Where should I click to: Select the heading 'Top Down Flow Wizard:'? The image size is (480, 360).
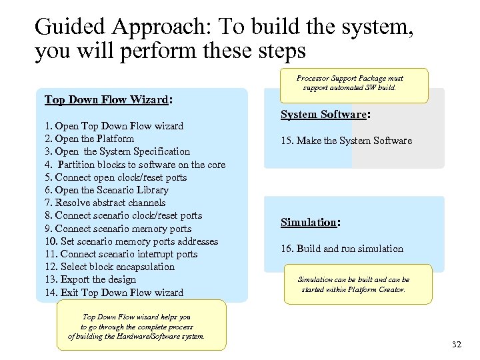point(109,100)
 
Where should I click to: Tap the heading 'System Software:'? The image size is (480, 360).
point(325,115)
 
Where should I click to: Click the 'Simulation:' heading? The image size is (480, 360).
point(311,223)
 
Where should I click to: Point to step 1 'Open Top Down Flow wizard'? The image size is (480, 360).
point(113,126)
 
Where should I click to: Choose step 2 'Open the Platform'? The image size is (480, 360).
point(89,139)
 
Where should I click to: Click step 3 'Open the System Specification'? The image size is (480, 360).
point(117,151)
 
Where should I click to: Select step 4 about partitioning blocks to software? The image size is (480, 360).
point(135,165)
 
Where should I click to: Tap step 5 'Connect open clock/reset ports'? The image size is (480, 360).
point(115,177)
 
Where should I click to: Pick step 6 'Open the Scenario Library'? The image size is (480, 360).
point(107,190)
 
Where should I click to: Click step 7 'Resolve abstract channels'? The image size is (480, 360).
point(105,203)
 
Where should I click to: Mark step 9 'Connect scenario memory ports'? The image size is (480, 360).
point(118,229)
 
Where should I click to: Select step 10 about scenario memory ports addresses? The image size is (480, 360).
point(131,241)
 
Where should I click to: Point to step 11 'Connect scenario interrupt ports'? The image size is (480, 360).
point(121,254)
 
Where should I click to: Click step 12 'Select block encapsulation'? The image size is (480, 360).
point(109,267)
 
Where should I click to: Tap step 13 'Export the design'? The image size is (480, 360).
point(90,279)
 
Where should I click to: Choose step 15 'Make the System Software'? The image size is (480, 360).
point(346,141)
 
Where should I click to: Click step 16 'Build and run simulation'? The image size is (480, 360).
point(341,249)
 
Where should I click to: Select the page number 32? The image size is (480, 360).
point(456,344)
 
